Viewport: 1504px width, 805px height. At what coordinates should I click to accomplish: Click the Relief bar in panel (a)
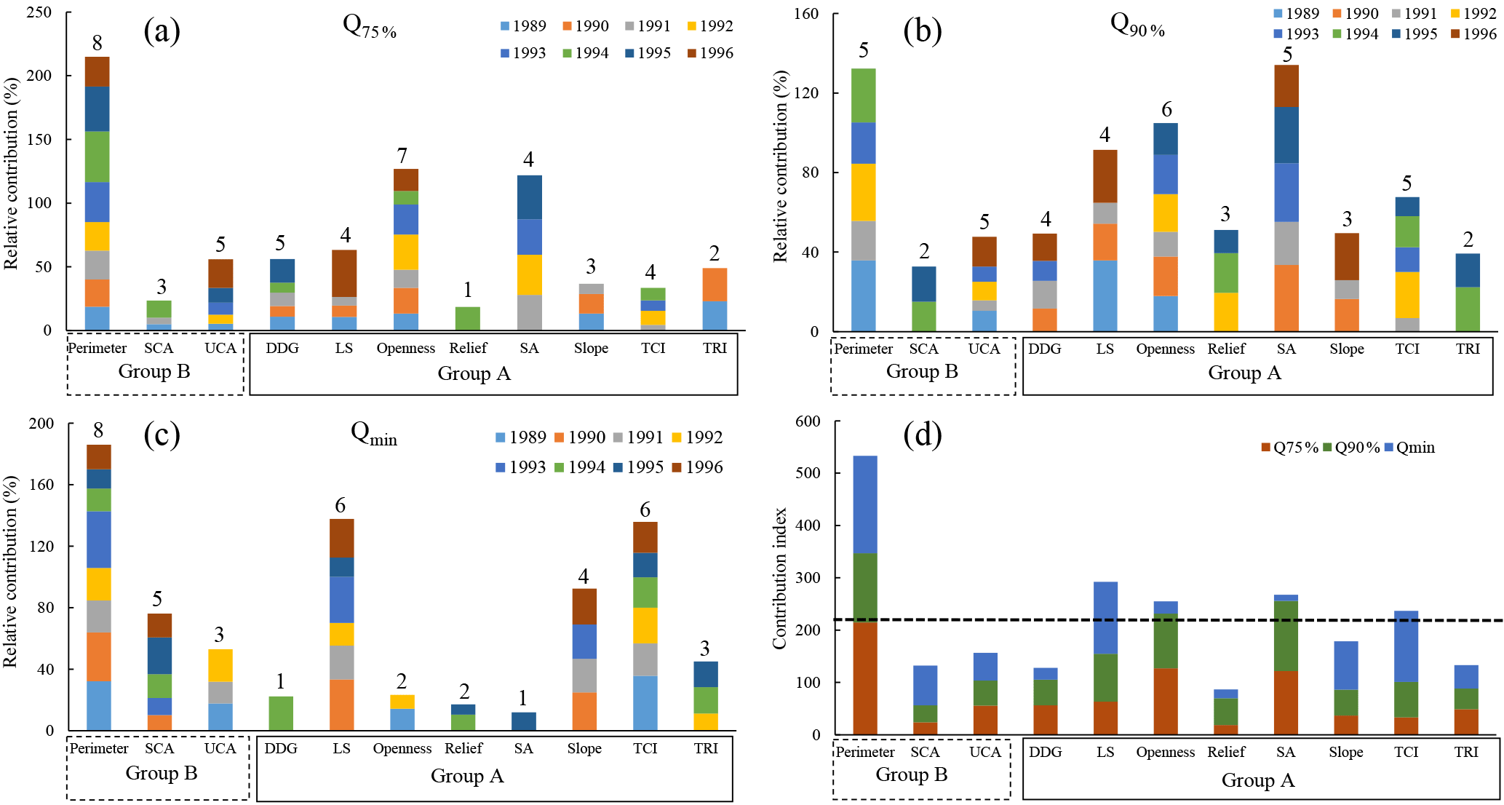pos(467,319)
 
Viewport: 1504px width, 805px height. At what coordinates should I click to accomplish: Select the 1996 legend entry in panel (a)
pos(709,53)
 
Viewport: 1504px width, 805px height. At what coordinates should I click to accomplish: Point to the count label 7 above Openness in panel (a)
pos(402,156)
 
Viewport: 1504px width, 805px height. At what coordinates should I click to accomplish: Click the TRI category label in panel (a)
pos(715,348)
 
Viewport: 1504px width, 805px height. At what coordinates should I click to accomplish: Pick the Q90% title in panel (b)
pos(1137,25)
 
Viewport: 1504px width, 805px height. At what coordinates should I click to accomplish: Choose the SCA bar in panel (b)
pos(923,299)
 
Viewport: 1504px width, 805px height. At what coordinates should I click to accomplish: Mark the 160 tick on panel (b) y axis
pos(805,14)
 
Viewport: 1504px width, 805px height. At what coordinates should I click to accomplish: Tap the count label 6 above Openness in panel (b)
pos(1166,110)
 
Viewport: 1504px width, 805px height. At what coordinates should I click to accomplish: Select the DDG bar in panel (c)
pos(281,713)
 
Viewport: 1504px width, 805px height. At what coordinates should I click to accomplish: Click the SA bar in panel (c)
pos(523,721)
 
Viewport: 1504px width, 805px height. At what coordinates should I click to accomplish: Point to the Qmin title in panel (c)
pos(373,434)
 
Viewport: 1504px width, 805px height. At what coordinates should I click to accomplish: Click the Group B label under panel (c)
pos(162,773)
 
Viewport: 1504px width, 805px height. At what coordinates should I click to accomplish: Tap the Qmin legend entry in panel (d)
pos(1409,448)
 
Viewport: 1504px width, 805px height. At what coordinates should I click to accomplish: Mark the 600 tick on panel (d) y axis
pos(808,421)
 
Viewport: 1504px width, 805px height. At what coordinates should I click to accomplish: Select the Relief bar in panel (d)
pos(1226,712)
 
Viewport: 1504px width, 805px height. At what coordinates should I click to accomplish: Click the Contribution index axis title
pos(780,578)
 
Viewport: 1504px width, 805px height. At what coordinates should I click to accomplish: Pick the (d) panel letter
pos(922,435)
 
